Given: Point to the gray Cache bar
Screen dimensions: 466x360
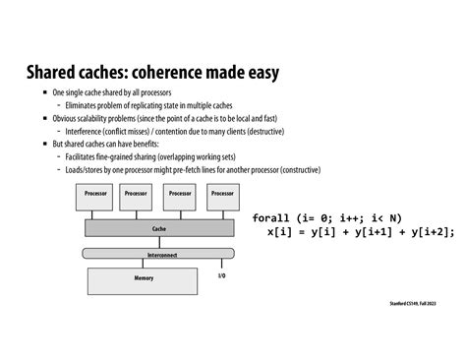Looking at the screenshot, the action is point(158,227).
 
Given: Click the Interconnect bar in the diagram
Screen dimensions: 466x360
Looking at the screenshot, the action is point(158,253).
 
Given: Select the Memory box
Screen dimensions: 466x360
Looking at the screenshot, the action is point(144,279).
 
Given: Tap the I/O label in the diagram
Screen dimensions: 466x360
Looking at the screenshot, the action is point(221,276).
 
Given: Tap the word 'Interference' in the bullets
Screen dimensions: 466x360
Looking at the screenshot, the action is point(86,130).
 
